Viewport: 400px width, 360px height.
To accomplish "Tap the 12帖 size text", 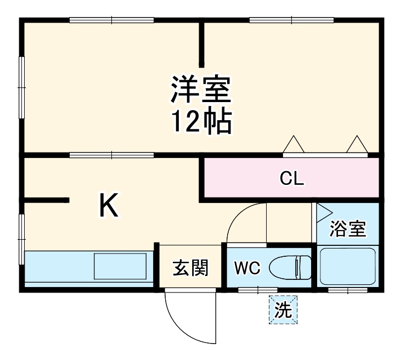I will click(200, 123).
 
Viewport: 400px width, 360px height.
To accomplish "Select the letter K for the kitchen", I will click(108, 206).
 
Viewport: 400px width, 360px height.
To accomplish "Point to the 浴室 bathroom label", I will click(347, 230).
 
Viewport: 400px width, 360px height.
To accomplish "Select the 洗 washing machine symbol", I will click(283, 310).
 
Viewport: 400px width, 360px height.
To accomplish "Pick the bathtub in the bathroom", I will click(347, 267).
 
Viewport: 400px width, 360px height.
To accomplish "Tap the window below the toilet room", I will click(257, 289).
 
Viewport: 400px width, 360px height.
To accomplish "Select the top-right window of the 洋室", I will click(291, 21).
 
